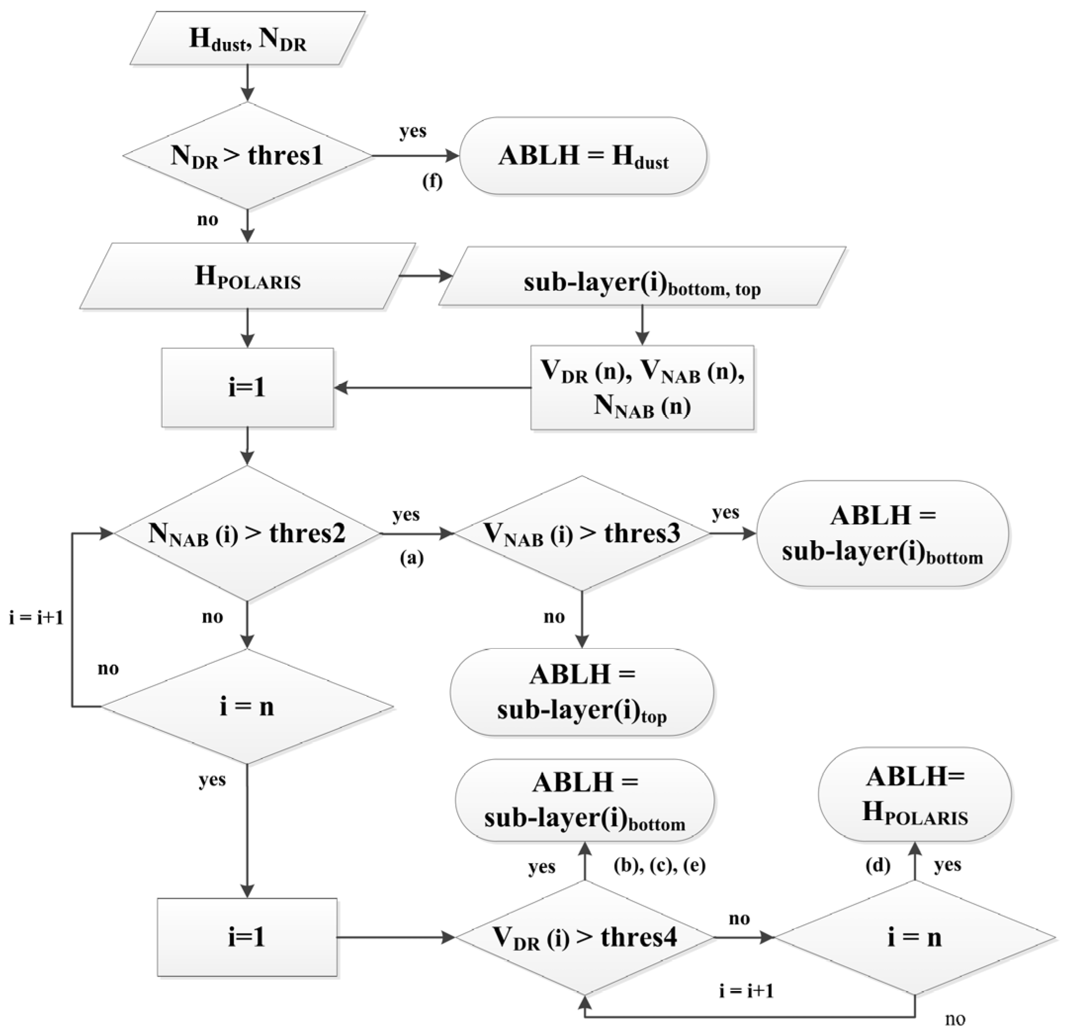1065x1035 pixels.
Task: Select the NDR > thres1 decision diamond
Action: (x=248, y=156)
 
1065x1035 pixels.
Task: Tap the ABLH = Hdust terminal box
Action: (x=583, y=156)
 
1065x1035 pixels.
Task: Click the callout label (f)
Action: (x=432, y=181)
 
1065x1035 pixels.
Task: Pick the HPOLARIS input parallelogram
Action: (x=248, y=276)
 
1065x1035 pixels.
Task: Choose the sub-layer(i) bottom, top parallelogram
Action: (x=642, y=276)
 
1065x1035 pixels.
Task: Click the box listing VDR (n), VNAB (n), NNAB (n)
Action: (x=642, y=388)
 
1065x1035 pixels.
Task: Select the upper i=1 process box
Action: (x=248, y=388)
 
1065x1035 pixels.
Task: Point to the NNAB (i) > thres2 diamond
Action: (x=248, y=533)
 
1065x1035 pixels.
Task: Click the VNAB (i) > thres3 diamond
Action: (x=582, y=533)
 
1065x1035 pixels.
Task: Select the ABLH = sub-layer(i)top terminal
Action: (x=582, y=692)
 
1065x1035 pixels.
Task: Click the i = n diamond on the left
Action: (x=248, y=707)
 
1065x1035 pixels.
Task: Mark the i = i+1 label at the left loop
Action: (x=37, y=618)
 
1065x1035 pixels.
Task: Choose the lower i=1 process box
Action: (x=248, y=937)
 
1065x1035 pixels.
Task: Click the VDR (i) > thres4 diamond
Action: (x=584, y=937)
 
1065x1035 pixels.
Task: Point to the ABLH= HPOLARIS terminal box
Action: (x=915, y=795)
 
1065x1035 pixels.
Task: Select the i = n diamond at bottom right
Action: (x=915, y=937)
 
